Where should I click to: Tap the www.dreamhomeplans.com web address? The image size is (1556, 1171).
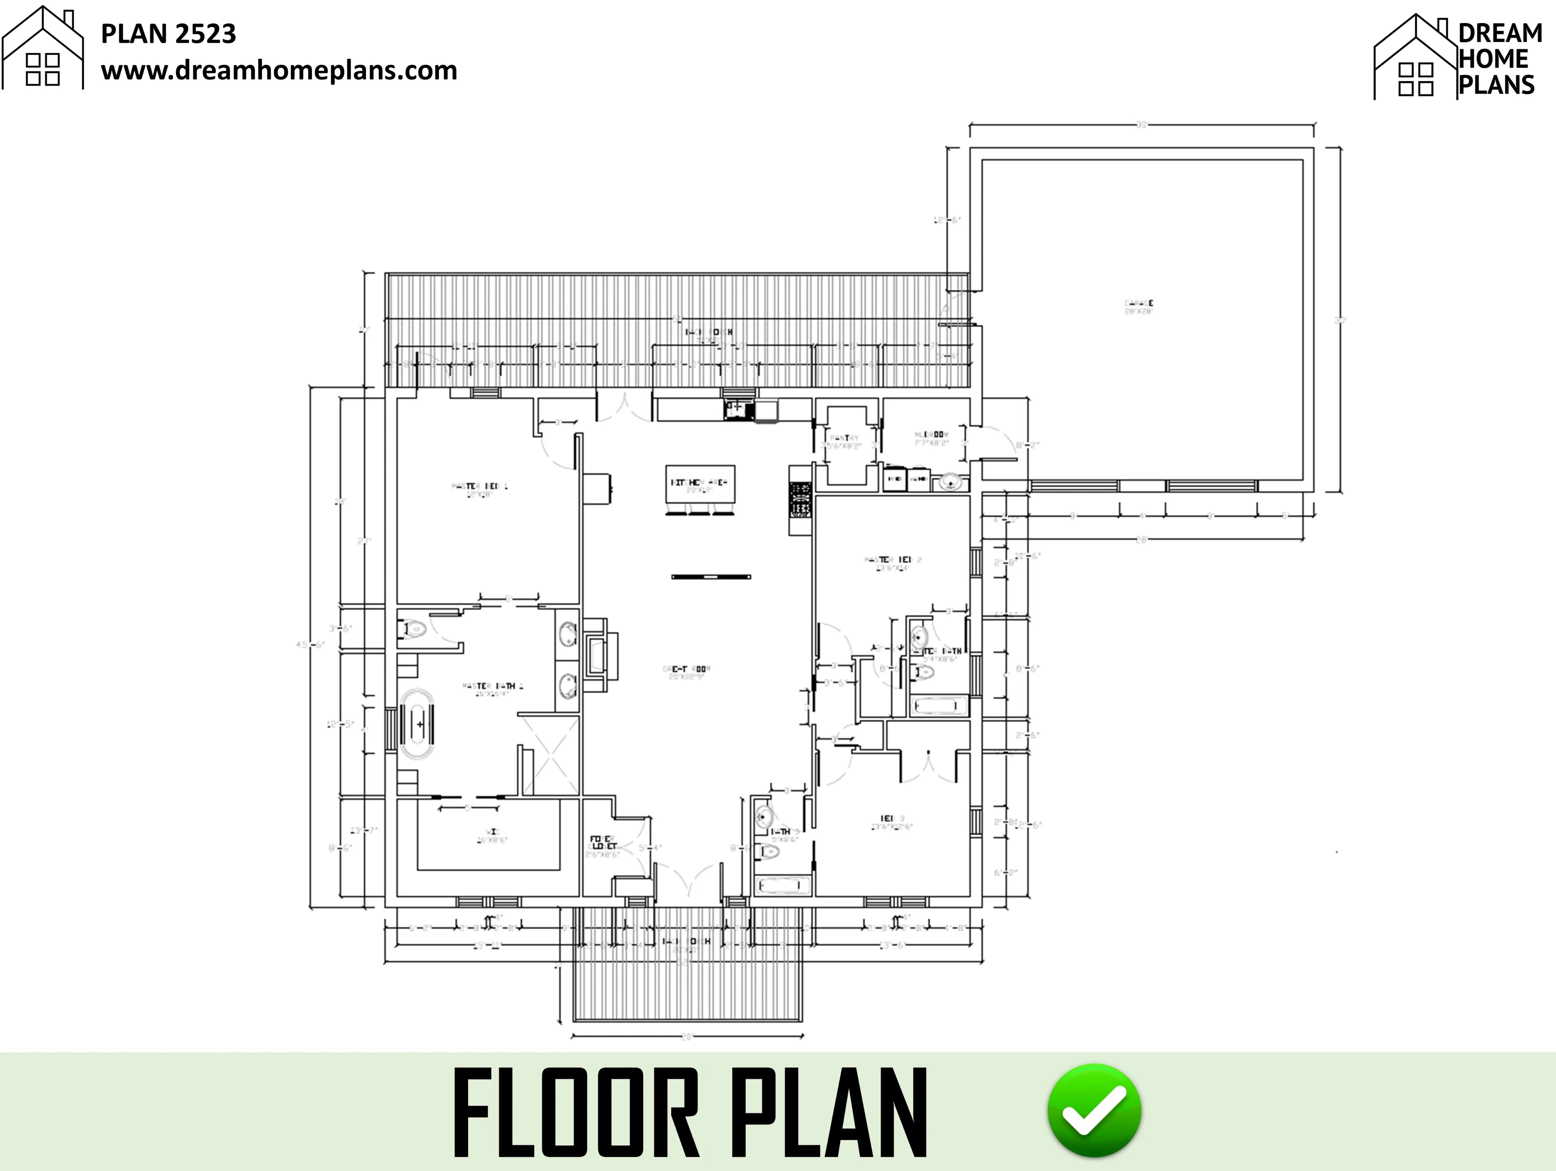[279, 70]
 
